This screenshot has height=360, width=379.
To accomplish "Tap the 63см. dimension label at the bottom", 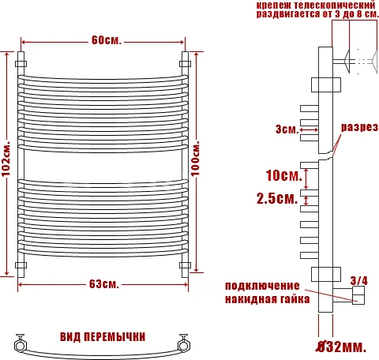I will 104,283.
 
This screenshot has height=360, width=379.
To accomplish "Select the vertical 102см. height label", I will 7,163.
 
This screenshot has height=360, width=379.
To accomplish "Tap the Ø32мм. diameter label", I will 340,347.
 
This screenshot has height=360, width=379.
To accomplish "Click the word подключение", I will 262,286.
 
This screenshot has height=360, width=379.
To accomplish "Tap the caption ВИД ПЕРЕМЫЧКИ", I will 103,336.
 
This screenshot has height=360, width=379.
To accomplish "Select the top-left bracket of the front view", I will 21,60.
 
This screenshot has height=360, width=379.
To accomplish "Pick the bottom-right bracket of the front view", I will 186,265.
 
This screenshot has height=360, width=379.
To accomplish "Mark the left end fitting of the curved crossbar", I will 19,343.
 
